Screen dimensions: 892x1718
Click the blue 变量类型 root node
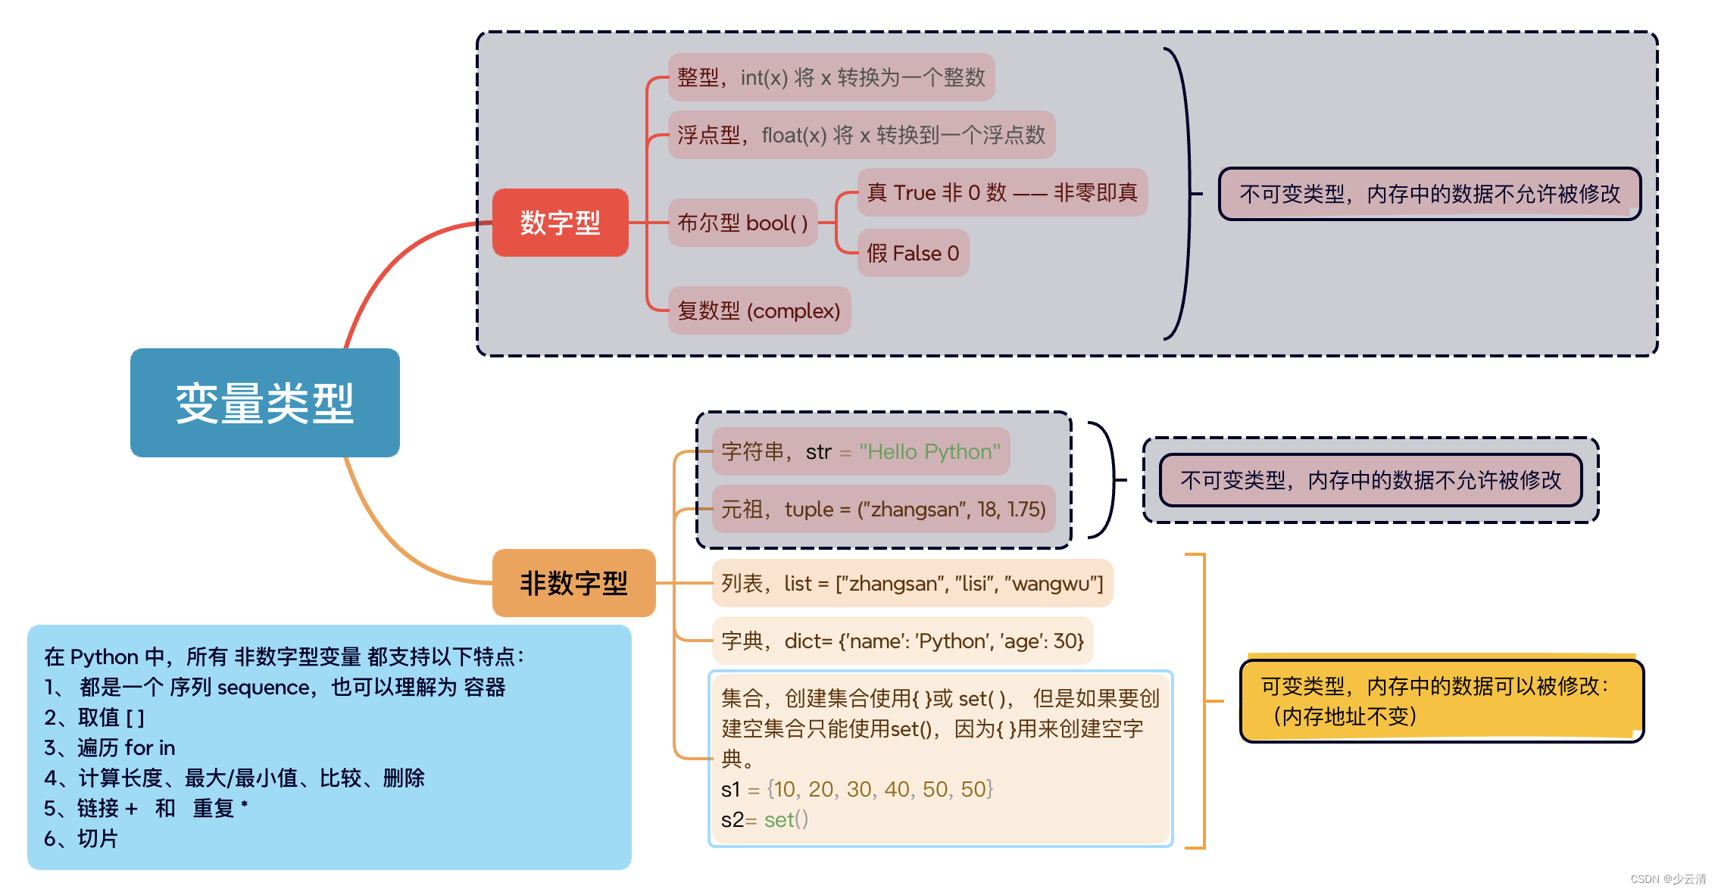264,403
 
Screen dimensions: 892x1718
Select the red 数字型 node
560,223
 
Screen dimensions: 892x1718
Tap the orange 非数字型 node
573,583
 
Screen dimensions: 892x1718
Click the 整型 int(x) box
830,77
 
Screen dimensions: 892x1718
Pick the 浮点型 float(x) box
861,135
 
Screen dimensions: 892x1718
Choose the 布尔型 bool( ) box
742,223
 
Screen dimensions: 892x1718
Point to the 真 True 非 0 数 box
1001,192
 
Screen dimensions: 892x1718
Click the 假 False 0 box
913,253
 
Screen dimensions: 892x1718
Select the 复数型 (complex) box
759,310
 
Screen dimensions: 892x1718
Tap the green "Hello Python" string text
929,451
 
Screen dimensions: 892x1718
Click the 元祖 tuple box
883,509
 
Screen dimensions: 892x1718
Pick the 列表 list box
912,583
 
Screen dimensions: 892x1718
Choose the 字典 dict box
902,641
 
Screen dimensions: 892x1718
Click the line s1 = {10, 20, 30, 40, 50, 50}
857,789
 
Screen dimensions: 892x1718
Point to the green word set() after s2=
786,819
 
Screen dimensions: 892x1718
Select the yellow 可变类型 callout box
1441,700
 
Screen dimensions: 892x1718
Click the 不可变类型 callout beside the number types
1429,194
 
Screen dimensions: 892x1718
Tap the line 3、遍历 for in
110,747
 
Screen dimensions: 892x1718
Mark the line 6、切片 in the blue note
81,838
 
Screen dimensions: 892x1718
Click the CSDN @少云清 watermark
1667,879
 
